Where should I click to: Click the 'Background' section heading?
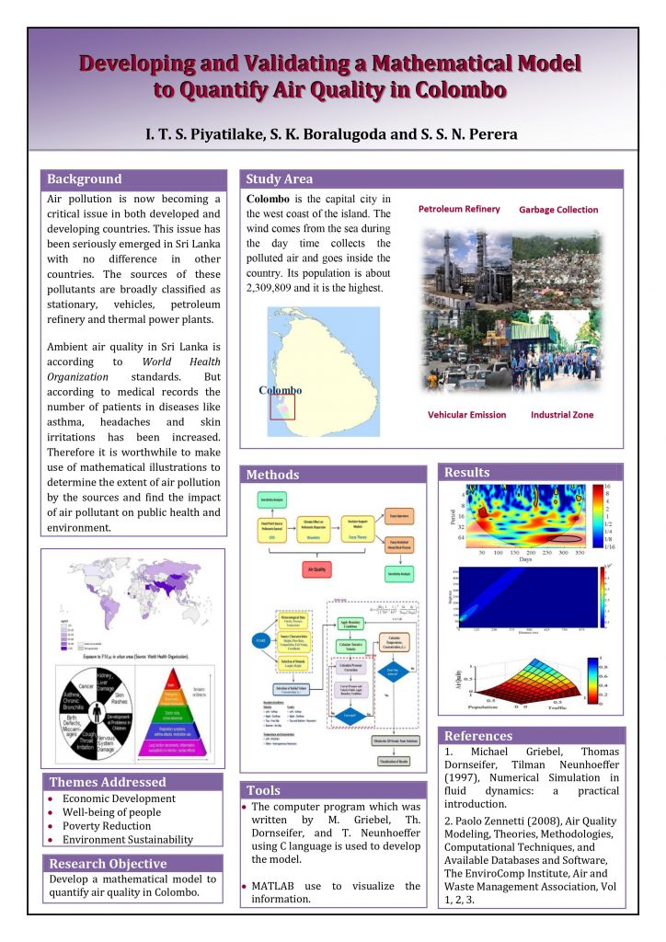point(85,179)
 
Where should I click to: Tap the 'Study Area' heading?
point(280,179)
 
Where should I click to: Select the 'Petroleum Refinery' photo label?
point(459,209)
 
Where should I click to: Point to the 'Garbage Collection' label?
point(558,210)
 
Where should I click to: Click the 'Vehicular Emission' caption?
point(466,415)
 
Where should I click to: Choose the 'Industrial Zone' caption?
point(562,415)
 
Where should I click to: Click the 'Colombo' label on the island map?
point(280,390)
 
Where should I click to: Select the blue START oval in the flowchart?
point(258,641)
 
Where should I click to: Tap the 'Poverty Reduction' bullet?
point(106,826)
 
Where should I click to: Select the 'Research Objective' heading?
point(108,864)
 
